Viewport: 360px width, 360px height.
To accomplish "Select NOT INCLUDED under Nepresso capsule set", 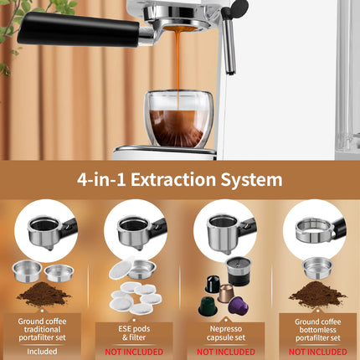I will [x=224, y=352].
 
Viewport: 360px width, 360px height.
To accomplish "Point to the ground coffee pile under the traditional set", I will [x=44, y=296].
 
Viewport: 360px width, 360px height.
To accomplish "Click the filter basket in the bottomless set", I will [x=316, y=267].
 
